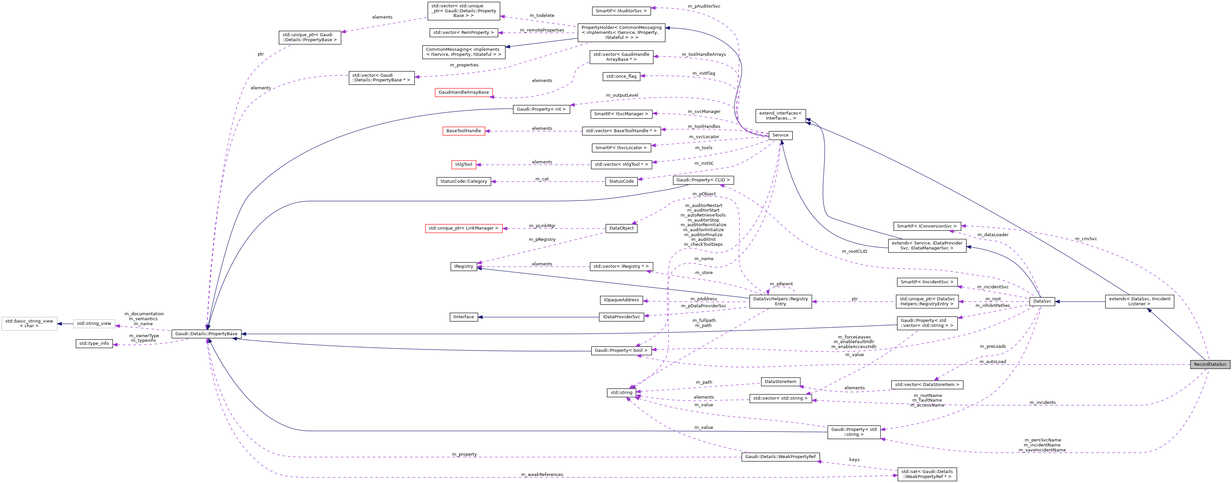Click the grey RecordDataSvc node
click(1209, 364)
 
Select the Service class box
click(780, 135)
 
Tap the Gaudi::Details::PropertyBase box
click(206, 334)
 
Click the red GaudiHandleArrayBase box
click(463, 92)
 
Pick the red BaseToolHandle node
click(463, 131)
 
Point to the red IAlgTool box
click(463, 164)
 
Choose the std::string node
click(621, 393)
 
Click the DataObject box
click(621, 229)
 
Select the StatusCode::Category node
click(463, 182)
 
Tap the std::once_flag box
click(621, 76)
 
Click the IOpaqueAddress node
click(621, 300)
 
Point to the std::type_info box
click(94, 344)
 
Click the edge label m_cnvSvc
click(1086, 239)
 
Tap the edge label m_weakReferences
click(542, 474)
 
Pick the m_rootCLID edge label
click(854, 251)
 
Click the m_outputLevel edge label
click(622, 95)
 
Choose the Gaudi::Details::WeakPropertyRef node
click(780, 457)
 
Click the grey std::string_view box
click(94, 324)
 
